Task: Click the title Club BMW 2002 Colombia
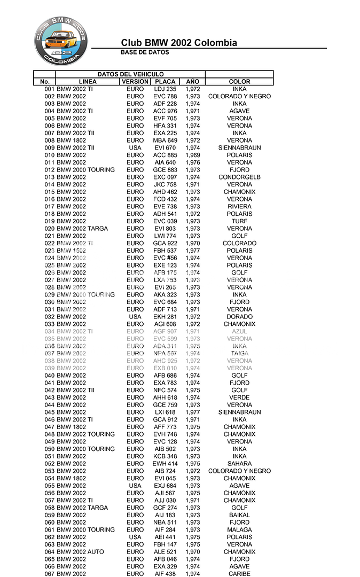179,43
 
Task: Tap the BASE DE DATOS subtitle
145,52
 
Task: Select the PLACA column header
165,82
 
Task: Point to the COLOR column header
239,82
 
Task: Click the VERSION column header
135,82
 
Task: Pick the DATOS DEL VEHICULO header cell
130,74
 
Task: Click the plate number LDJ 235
165,89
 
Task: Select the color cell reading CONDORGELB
239,177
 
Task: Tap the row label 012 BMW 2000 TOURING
80,170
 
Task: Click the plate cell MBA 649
165,141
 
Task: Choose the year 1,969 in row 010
193,155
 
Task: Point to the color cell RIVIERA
239,207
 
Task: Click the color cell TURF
239,221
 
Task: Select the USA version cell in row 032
135,317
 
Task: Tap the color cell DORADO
239,317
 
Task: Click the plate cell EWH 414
165,464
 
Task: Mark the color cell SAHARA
239,464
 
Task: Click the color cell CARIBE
239,574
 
